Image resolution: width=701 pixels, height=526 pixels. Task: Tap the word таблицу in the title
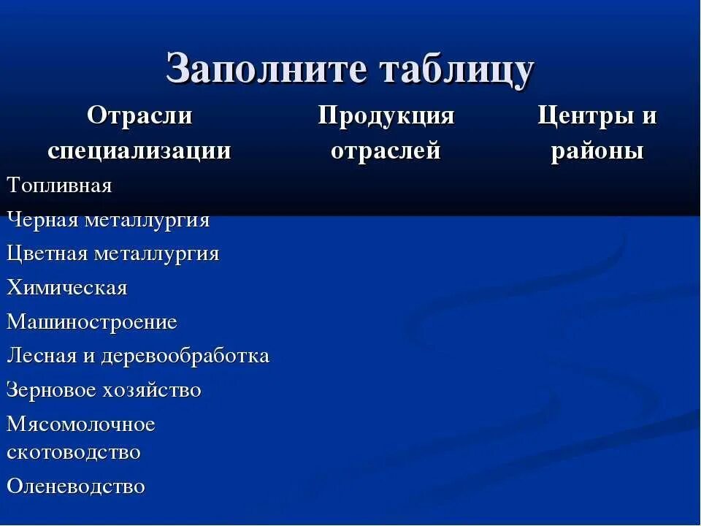(x=455, y=69)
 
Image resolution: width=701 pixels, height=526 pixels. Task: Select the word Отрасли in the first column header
(x=139, y=115)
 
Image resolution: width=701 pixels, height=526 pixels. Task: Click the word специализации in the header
(x=139, y=150)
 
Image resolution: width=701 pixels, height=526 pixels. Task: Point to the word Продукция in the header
(x=386, y=115)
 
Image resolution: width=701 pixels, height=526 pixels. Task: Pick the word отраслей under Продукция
(x=386, y=150)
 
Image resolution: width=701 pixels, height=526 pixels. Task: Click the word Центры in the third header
(x=581, y=115)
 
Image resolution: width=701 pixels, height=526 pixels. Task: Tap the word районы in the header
(x=597, y=150)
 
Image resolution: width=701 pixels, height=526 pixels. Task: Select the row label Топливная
(x=60, y=186)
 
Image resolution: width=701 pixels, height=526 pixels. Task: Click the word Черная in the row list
(x=42, y=220)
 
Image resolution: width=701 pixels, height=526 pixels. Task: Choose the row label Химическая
(x=67, y=288)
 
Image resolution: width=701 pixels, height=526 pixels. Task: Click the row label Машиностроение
(x=92, y=322)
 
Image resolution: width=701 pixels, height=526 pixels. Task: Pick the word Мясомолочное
(x=81, y=424)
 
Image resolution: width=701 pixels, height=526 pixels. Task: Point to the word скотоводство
(x=74, y=451)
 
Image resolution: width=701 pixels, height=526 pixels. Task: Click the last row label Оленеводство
(x=76, y=486)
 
